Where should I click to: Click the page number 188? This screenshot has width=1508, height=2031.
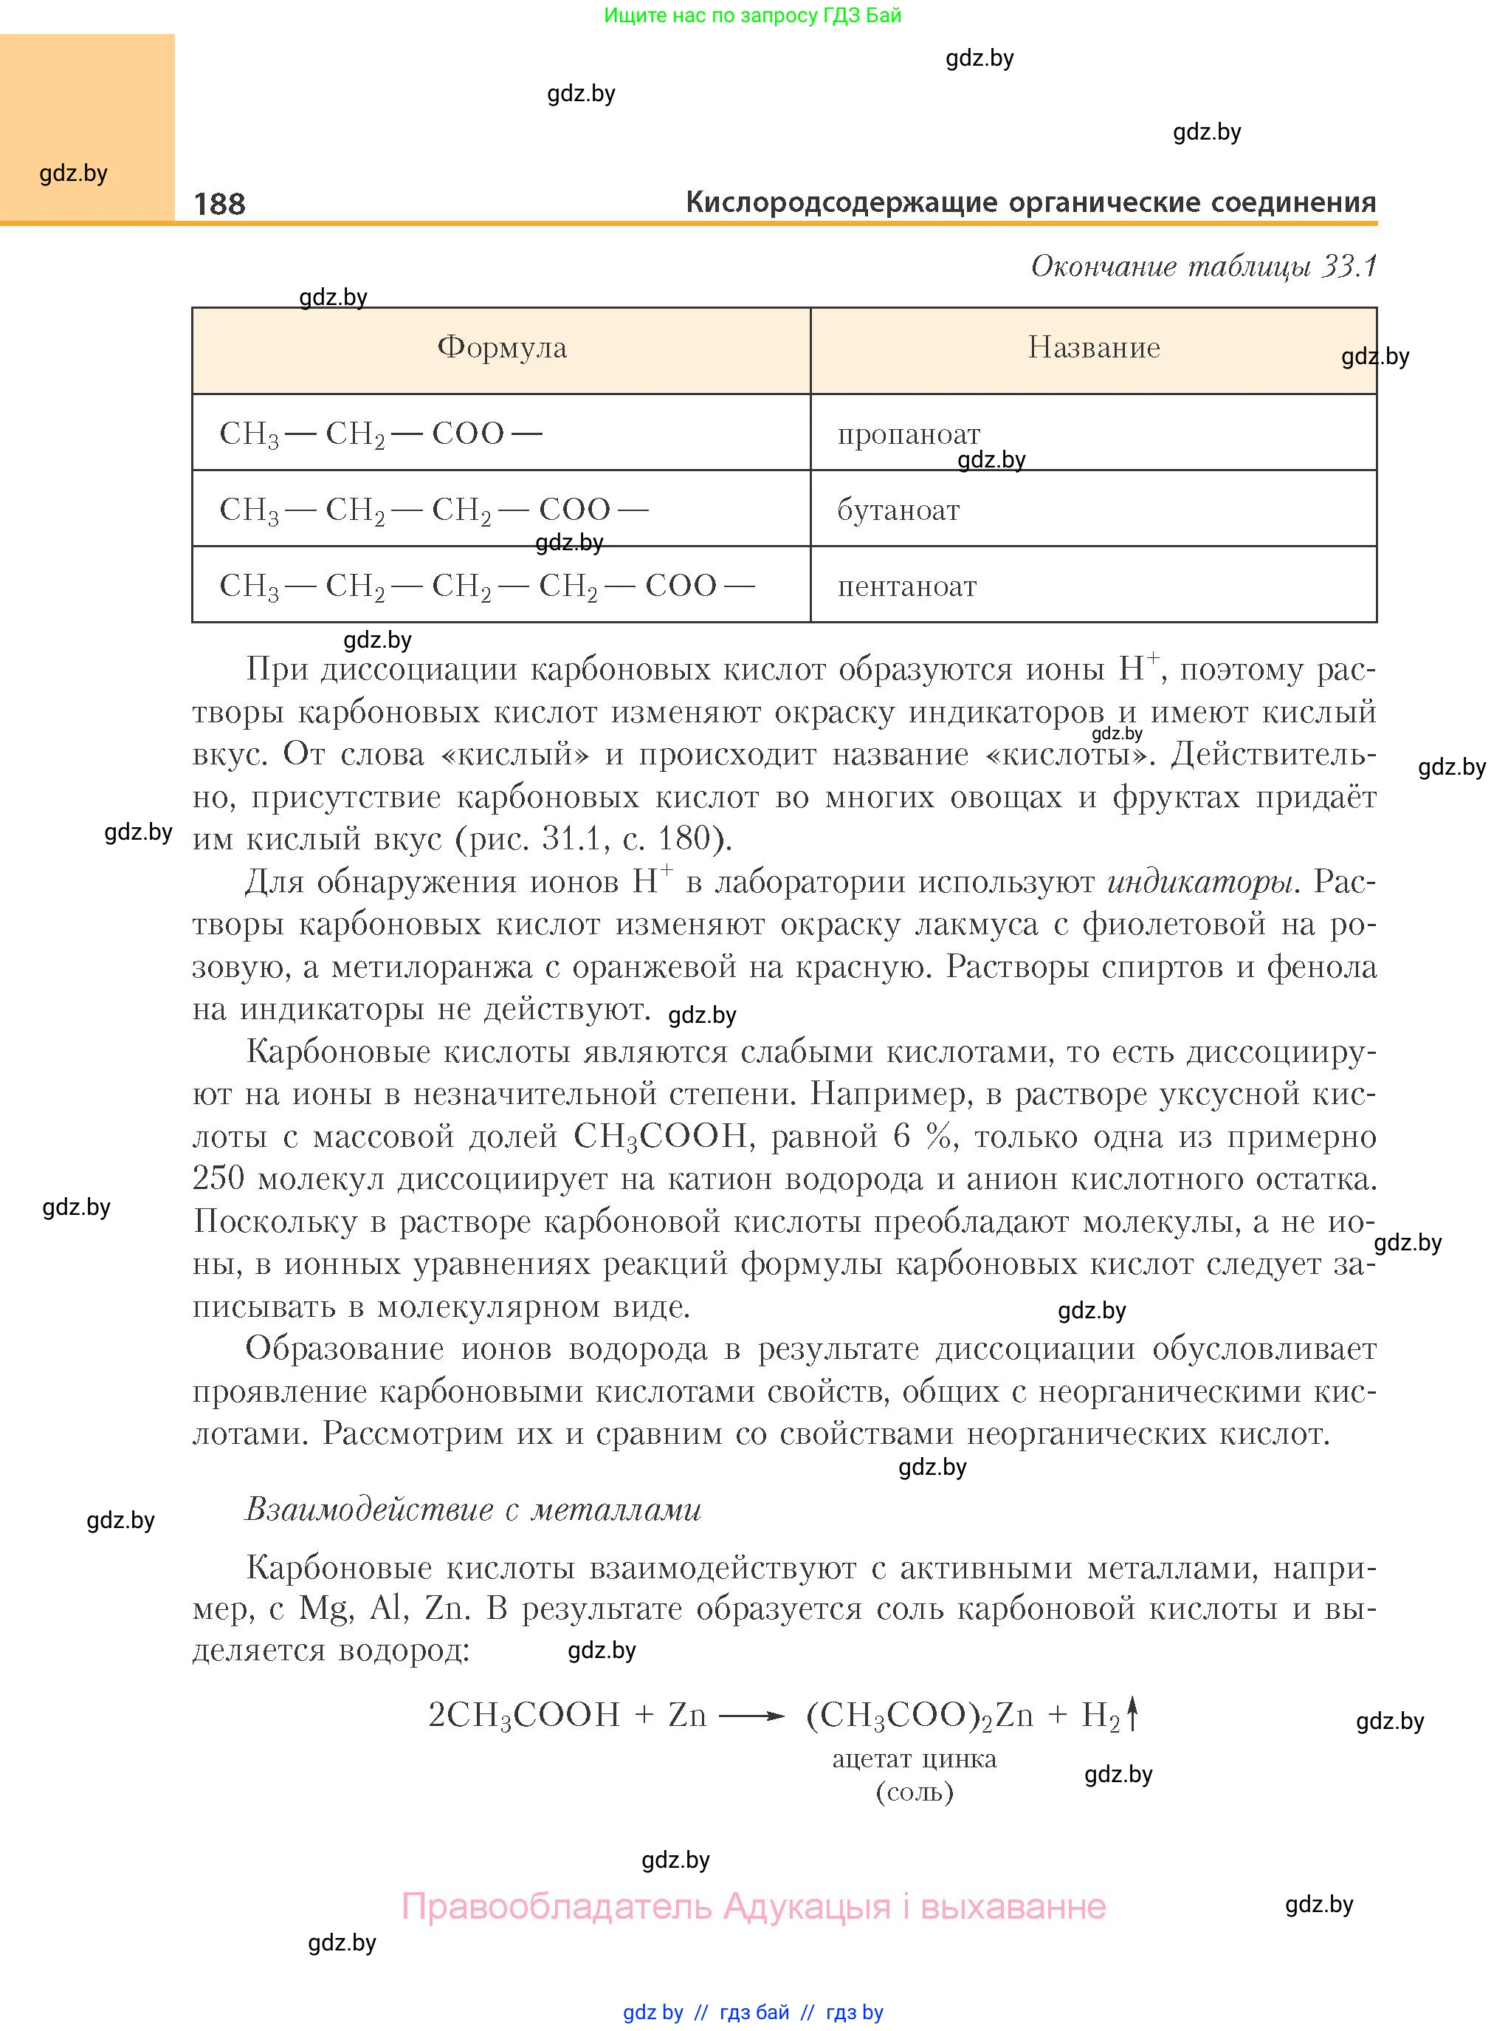point(219,204)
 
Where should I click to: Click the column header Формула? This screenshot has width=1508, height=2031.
point(501,348)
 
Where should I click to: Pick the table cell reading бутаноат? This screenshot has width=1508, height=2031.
point(898,510)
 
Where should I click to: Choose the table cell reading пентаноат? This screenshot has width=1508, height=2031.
point(906,586)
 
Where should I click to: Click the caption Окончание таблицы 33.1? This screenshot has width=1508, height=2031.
point(1203,266)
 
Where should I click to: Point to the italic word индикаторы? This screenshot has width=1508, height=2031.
point(1199,882)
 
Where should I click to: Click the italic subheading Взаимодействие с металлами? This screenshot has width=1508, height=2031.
point(473,1510)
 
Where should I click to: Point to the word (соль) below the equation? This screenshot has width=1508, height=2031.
point(914,1792)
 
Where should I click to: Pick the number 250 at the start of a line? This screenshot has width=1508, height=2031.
point(218,1178)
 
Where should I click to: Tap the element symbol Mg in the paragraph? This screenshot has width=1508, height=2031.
point(325,1608)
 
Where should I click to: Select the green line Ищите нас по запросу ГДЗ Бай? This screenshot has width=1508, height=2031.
point(752,16)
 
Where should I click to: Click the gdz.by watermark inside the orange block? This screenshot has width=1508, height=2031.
point(73,174)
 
